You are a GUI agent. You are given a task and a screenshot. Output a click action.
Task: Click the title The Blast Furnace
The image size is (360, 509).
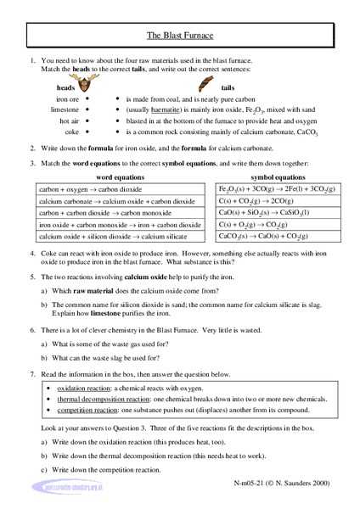pyautogui.click(x=180, y=37)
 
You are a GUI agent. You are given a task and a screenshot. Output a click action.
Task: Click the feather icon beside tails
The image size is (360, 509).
pyautogui.click(x=206, y=85)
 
